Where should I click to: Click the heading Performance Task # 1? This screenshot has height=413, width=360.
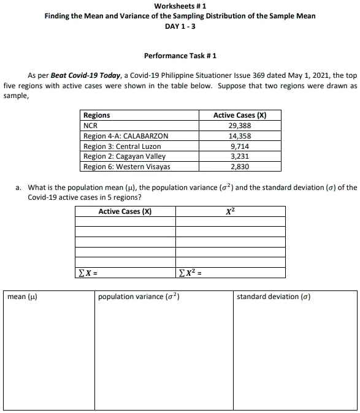180,56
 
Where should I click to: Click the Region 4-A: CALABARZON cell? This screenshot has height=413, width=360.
126,136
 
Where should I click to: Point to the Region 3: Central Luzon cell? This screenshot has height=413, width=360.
122,146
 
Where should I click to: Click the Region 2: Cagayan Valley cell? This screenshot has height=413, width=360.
124,156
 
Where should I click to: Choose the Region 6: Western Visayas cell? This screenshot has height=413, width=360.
127,167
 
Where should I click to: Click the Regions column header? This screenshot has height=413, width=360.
97,115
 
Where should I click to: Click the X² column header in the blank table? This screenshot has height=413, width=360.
230,212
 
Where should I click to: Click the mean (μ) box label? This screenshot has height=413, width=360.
22,297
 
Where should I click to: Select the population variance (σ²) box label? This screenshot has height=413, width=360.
139,297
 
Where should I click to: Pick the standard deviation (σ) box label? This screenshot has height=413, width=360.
274,297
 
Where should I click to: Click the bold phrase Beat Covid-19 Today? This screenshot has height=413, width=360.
85,75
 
